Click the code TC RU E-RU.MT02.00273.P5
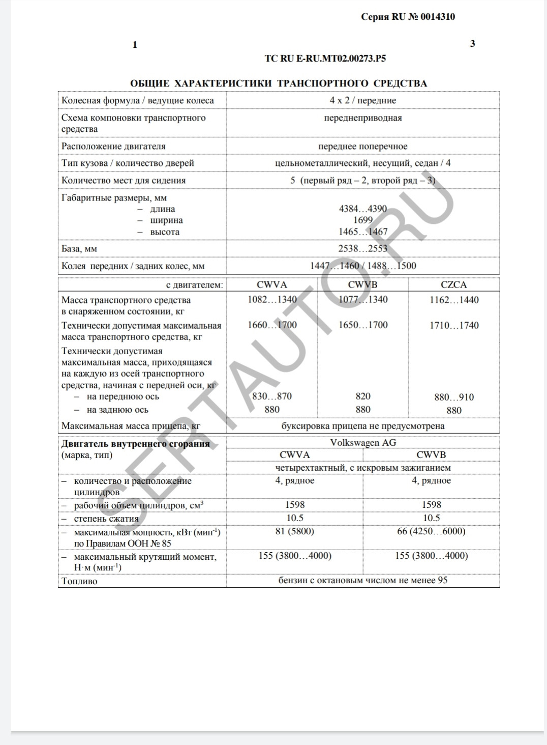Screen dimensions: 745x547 [x=325, y=59]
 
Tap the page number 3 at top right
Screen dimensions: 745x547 [x=472, y=44]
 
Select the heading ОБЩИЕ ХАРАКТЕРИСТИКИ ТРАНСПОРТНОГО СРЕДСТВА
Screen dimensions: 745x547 [x=279, y=83]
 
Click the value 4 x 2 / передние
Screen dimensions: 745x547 [x=362, y=100]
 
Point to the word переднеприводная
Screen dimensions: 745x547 [x=362, y=118]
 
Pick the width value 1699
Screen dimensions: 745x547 [x=363, y=220]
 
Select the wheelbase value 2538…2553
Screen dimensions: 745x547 [x=363, y=249]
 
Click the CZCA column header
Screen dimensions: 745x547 [x=453, y=285]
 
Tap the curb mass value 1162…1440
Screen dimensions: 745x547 [x=454, y=300]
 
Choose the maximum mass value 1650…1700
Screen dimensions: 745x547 [x=363, y=325]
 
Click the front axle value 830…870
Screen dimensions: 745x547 [x=272, y=396]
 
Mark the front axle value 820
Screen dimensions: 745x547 [x=363, y=396]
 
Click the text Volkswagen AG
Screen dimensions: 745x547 [x=362, y=443]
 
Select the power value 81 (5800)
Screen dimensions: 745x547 [x=295, y=531]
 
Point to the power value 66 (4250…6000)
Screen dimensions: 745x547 [x=431, y=531]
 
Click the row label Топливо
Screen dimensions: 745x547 [x=79, y=581]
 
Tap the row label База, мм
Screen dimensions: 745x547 [x=79, y=249]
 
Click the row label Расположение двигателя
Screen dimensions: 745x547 [x=113, y=147]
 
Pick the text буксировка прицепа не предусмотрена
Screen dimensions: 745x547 [x=362, y=426]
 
